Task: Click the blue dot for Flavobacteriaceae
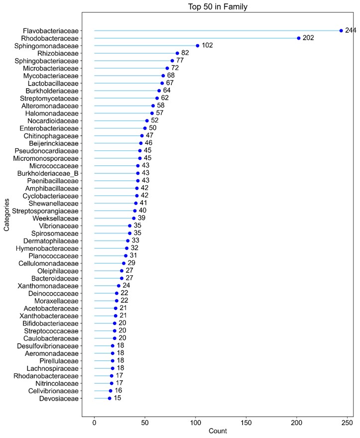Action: [341, 30]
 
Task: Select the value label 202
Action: [308, 38]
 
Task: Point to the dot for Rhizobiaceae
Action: [177, 53]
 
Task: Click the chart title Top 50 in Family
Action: [218, 7]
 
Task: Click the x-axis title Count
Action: [218, 431]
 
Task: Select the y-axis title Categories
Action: [7, 215]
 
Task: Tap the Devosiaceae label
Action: [59, 398]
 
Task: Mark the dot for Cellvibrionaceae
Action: [111, 391]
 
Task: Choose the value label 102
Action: [207, 46]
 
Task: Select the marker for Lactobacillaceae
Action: [162, 83]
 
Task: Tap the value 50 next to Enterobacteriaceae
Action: [153, 128]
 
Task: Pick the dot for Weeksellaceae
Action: [134, 218]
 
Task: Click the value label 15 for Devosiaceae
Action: [118, 398]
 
